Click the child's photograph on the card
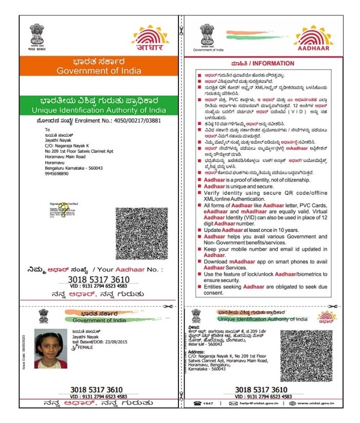point(50,348)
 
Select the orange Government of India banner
point(97,66)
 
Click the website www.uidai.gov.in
point(315,404)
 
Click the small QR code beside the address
point(306,355)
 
